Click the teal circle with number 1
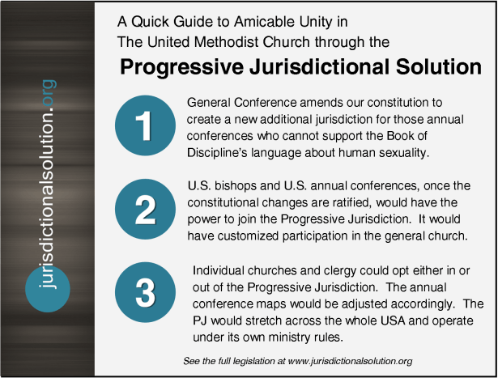(144, 126)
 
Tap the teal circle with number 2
(144, 209)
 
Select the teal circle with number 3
(144, 292)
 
